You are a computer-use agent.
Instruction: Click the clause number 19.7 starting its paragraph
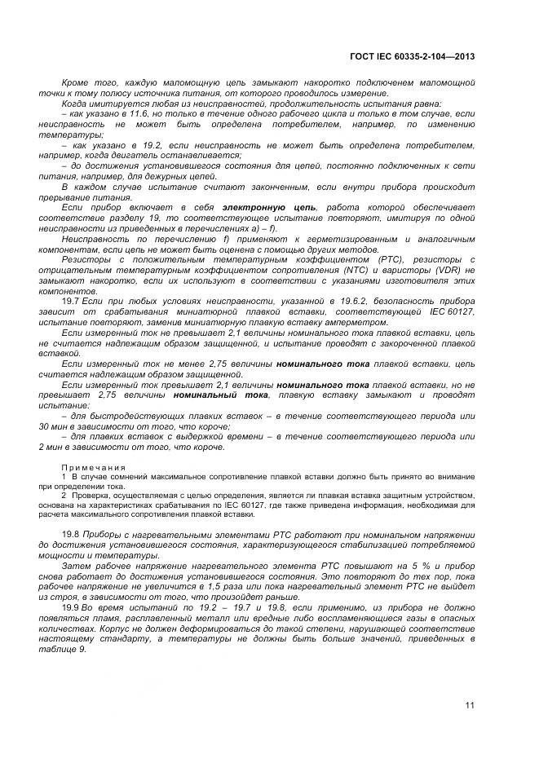[69, 302]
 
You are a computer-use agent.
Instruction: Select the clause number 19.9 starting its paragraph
[69, 607]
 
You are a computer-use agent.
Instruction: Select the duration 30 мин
[53, 426]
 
